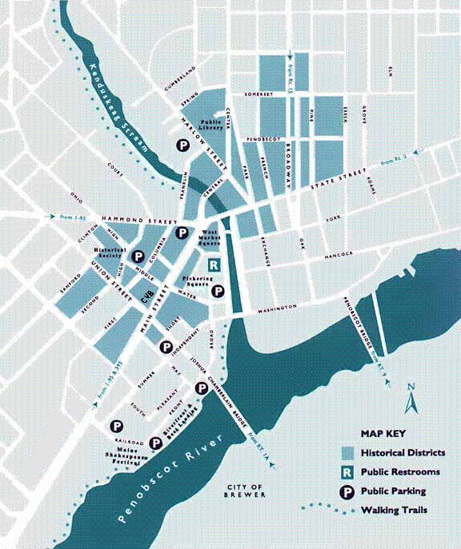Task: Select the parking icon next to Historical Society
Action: point(138,256)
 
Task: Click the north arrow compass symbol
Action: point(412,399)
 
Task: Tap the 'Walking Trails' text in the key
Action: point(392,510)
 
